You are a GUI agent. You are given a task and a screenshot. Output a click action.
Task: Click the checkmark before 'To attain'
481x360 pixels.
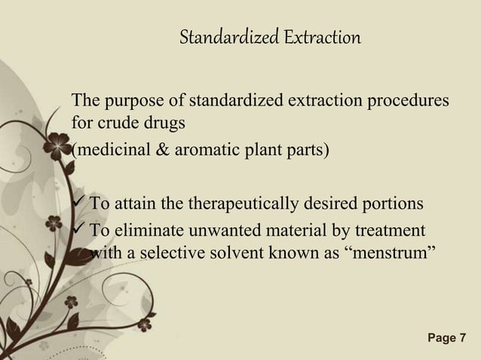78,203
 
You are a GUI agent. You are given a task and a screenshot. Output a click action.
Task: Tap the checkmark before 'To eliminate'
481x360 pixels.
78,230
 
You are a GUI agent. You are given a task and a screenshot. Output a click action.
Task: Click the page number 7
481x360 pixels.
462,338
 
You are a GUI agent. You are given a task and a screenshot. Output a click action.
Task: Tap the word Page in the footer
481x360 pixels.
440,338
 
